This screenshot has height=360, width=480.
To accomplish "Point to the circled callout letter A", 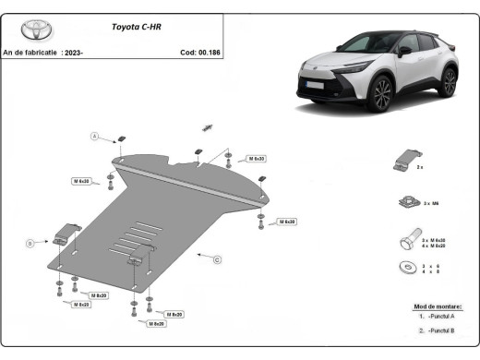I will [93, 137].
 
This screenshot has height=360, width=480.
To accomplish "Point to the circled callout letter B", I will [30, 243].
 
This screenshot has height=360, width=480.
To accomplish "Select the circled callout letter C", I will [217, 260].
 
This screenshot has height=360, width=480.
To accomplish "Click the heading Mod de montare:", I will [438, 306].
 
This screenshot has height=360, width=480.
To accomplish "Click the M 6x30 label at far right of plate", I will [286, 222].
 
